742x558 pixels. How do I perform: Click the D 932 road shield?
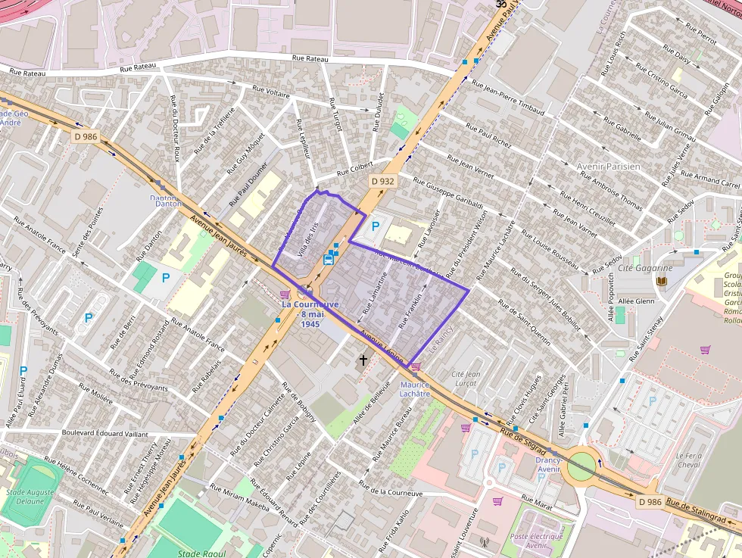383,182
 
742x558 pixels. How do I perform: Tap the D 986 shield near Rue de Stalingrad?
650,502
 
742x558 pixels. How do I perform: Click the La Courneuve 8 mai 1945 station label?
310,313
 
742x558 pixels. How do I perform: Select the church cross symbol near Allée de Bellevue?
363,360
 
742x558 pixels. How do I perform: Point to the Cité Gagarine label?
645,268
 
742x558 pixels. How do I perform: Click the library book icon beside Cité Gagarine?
662,282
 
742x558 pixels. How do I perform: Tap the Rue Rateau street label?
310,59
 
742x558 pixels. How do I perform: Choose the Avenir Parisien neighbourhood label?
608,167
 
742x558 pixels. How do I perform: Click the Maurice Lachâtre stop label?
414,389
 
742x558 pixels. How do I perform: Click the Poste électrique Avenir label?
539,541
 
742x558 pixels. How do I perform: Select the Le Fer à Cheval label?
689,460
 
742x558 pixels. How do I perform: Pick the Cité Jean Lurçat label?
466,379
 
